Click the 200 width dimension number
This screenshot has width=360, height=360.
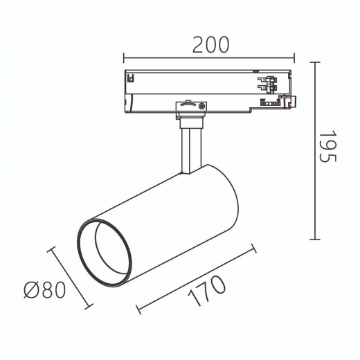(211, 45)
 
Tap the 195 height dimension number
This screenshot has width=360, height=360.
(327, 146)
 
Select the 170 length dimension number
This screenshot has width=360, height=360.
(206, 291)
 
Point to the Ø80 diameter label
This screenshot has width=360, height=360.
(45, 290)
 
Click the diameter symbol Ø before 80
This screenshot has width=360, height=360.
(31, 290)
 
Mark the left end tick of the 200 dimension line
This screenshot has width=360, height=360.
(124, 57)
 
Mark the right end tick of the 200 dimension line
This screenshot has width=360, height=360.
(294, 57)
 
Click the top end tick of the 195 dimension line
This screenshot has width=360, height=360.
(315, 62)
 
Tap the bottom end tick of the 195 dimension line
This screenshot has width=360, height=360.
(315, 240)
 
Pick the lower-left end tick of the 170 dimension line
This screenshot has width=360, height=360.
(138, 309)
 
